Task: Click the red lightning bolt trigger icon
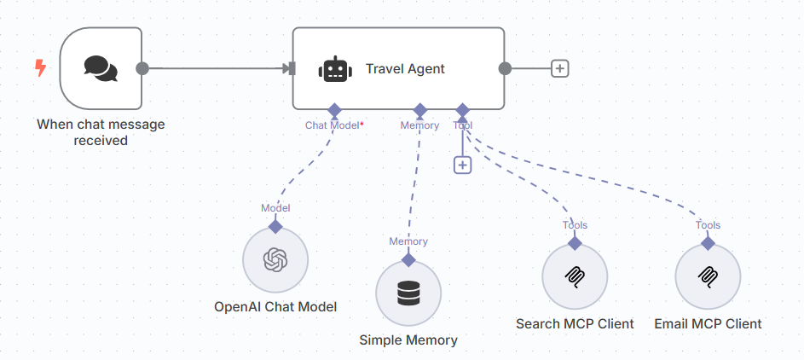39,68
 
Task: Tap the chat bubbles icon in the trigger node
101,68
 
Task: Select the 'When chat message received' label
101,132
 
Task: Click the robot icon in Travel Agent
335,69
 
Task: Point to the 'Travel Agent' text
405,69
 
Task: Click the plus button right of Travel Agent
559,68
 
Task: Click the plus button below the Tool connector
462,165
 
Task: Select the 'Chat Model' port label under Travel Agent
333,125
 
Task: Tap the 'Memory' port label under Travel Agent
419,125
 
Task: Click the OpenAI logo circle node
275,260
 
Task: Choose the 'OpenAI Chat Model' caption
275,307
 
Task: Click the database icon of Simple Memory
408,293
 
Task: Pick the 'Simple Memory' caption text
408,340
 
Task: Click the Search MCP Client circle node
575,277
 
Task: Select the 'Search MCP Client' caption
575,324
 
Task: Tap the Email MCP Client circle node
708,277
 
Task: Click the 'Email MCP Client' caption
708,324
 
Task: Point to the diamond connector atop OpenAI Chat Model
275,226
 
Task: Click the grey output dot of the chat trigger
142,68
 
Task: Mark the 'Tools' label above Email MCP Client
708,225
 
